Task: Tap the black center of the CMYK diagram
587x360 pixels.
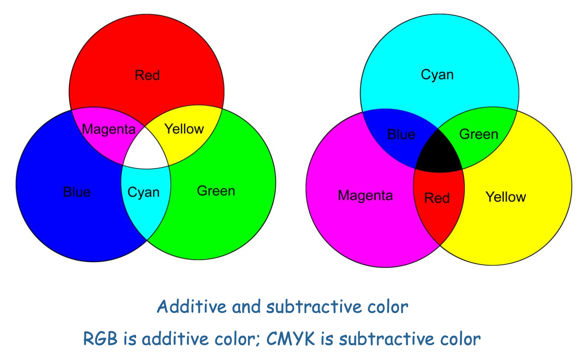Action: pyautogui.click(x=439, y=153)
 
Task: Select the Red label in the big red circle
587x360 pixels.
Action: pyautogui.click(x=147, y=75)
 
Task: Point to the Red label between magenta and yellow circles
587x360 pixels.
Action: pyautogui.click(x=437, y=198)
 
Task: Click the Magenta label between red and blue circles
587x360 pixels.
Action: pyautogui.click(x=108, y=129)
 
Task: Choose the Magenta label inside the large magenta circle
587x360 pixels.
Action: pyautogui.click(x=365, y=196)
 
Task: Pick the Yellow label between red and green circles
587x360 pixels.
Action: pyautogui.click(x=184, y=129)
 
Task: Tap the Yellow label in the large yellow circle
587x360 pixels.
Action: pyautogui.click(x=506, y=197)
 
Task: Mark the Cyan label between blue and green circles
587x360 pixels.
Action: pyautogui.click(x=143, y=193)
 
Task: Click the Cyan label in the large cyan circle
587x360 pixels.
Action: pyautogui.click(x=437, y=75)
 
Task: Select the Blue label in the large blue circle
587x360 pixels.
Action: pyautogui.click(x=77, y=192)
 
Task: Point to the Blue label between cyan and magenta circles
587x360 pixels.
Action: pyautogui.click(x=401, y=134)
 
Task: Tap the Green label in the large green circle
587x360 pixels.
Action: pyautogui.click(x=216, y=191)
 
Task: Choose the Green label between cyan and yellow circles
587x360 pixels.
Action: pyautogui.click(x=479, y=134)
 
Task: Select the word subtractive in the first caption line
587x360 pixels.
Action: pyautogui.click(x=314, y=307)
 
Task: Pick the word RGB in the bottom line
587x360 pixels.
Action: pyautogui.click(x=100, y=338)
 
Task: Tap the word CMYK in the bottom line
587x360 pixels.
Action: pyautogui.click(x=290, y=338)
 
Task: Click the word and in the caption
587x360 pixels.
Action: pyautogui.click(x=246, y=307)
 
